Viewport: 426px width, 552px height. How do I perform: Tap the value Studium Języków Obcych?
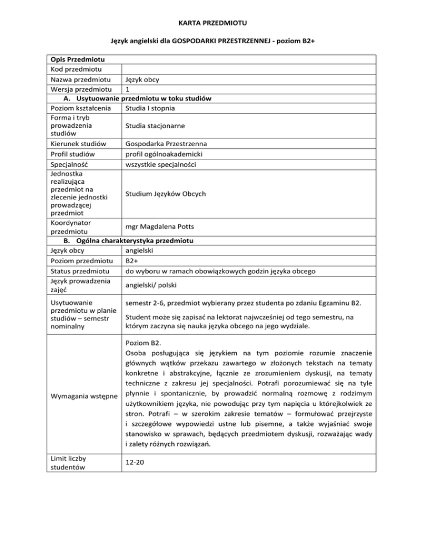(166, 194)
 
